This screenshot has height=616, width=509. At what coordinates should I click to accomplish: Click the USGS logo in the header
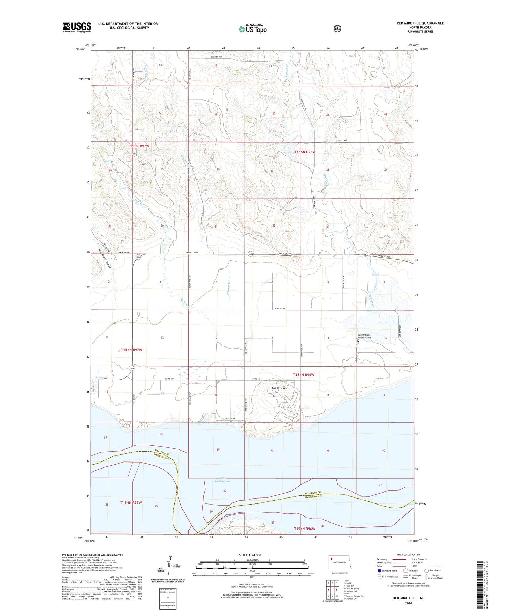click(77, 27)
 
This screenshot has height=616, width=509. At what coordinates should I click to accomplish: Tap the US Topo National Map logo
click(252, 29)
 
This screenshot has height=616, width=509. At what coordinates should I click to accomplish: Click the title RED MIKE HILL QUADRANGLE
click(420, 23)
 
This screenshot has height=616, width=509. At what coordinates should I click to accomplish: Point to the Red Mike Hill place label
click(279, 388)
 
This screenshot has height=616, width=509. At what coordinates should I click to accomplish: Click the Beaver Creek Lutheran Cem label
click(365, 336)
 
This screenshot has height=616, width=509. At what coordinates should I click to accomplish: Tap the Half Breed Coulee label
click(105, 259)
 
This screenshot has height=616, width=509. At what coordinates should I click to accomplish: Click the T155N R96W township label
click(305, 152)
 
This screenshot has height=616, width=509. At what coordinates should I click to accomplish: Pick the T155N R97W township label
click(141, 146)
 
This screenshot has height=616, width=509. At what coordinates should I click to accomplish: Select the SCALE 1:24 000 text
click(250, 555)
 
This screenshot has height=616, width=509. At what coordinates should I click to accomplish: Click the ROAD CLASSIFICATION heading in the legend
click(408, 555)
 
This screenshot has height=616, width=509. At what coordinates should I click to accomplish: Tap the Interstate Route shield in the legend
click(379, 570)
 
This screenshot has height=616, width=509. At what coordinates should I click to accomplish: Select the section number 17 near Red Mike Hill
click(274, 396)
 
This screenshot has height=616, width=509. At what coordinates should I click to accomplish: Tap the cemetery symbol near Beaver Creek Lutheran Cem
click(358, 340)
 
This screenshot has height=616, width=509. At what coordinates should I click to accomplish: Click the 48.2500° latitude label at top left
click(80, 49)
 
